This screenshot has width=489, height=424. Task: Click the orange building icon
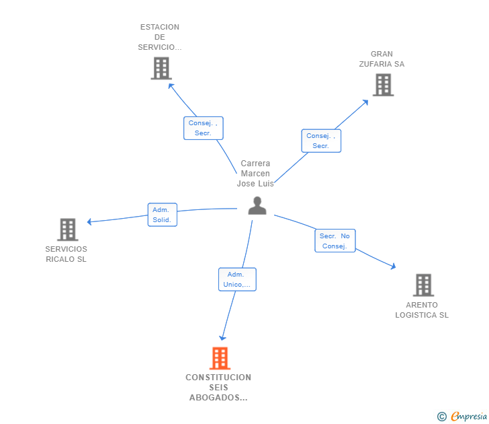tap(220, 358)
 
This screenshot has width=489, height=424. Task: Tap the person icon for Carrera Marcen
tap(257, 205)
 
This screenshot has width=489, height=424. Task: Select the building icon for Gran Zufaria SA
tap(384, 85)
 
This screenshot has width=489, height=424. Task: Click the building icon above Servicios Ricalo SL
tap(68, 229)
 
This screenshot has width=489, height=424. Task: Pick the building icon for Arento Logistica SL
tap(423, 285)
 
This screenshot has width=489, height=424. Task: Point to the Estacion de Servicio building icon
tap(161, 68)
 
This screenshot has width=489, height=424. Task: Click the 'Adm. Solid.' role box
tap(163, 215)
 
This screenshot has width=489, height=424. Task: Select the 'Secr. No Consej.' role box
tap(335, 240)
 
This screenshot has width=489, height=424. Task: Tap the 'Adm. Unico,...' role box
tap(237, 279)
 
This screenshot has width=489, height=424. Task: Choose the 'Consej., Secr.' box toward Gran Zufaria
tap(321, 141)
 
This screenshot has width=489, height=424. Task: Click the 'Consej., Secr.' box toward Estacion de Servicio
tap(204, 128)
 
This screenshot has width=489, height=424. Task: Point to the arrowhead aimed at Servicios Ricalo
tap(89, 222)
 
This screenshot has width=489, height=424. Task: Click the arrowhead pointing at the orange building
tap(222, 338)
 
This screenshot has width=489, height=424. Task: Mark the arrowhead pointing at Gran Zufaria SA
tap(365, 102)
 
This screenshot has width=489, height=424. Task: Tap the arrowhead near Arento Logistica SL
tap(394, 267)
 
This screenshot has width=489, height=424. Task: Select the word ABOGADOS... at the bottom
tap(218, 398)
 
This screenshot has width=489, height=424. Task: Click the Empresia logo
tap(462, 416)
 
